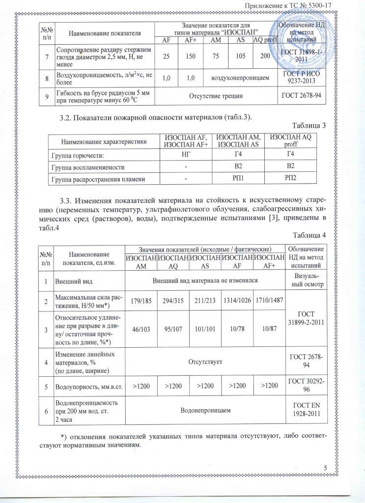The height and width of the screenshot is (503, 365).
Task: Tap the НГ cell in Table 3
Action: coord(186,156)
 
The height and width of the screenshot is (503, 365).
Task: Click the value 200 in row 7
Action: coord(265,56)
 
